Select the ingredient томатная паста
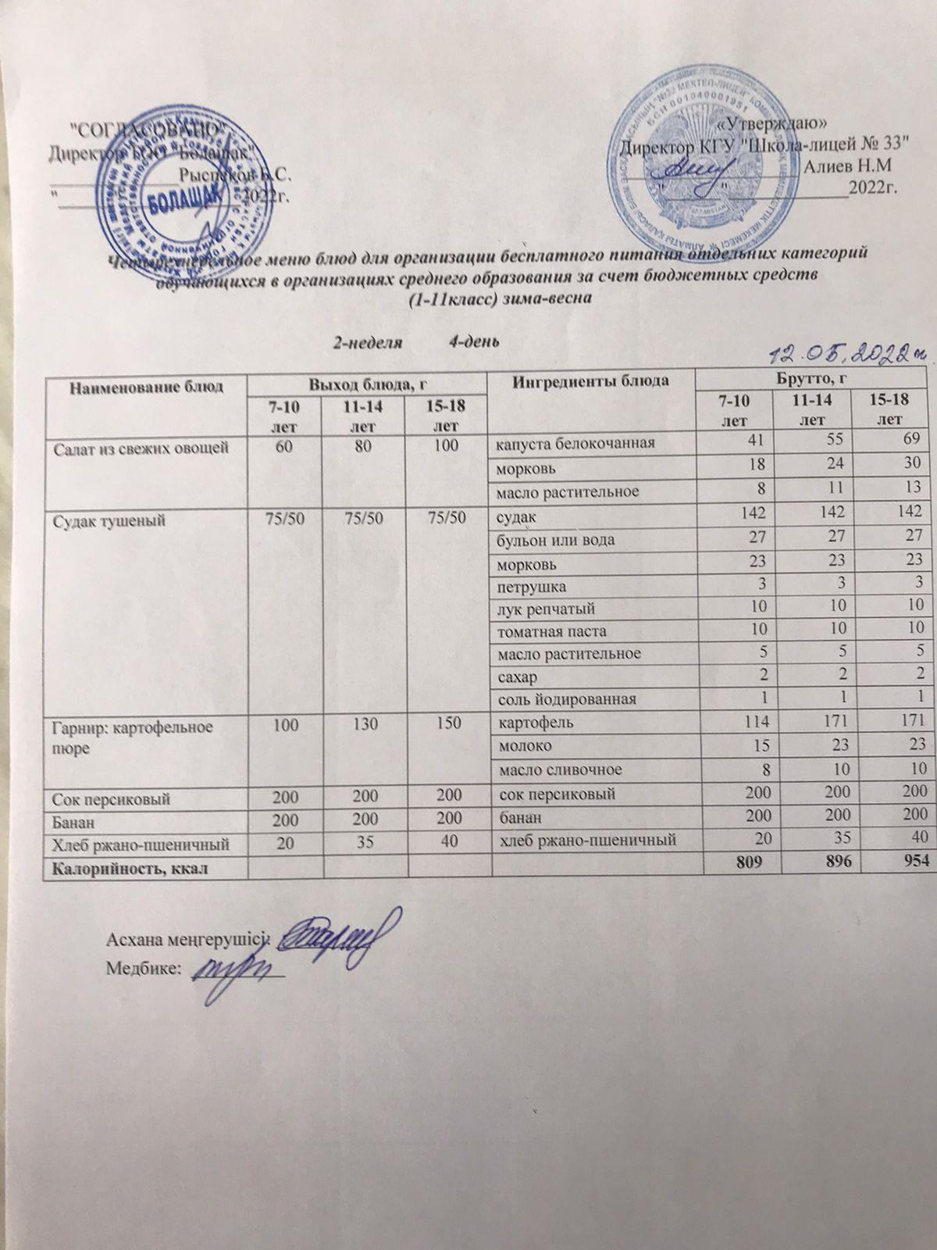coord(551,630)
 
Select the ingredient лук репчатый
coord(543,607)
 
